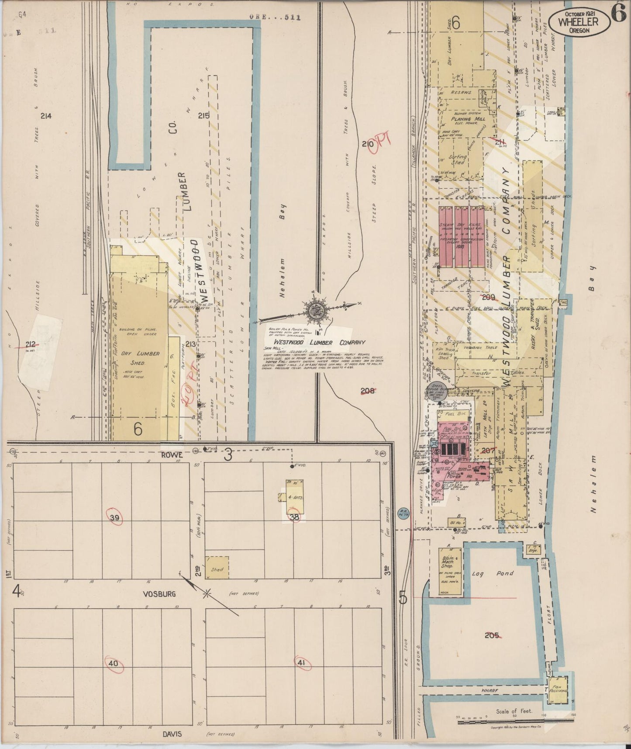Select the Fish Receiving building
[x=558, y=690]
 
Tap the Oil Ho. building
[x=457, y=522]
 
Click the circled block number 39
[x=115, y=518]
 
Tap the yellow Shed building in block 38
[x=217, y=568]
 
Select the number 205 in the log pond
[x=491, y=635]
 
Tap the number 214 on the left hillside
[x=45, y=116]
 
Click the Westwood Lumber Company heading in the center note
[x=319, y=343]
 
